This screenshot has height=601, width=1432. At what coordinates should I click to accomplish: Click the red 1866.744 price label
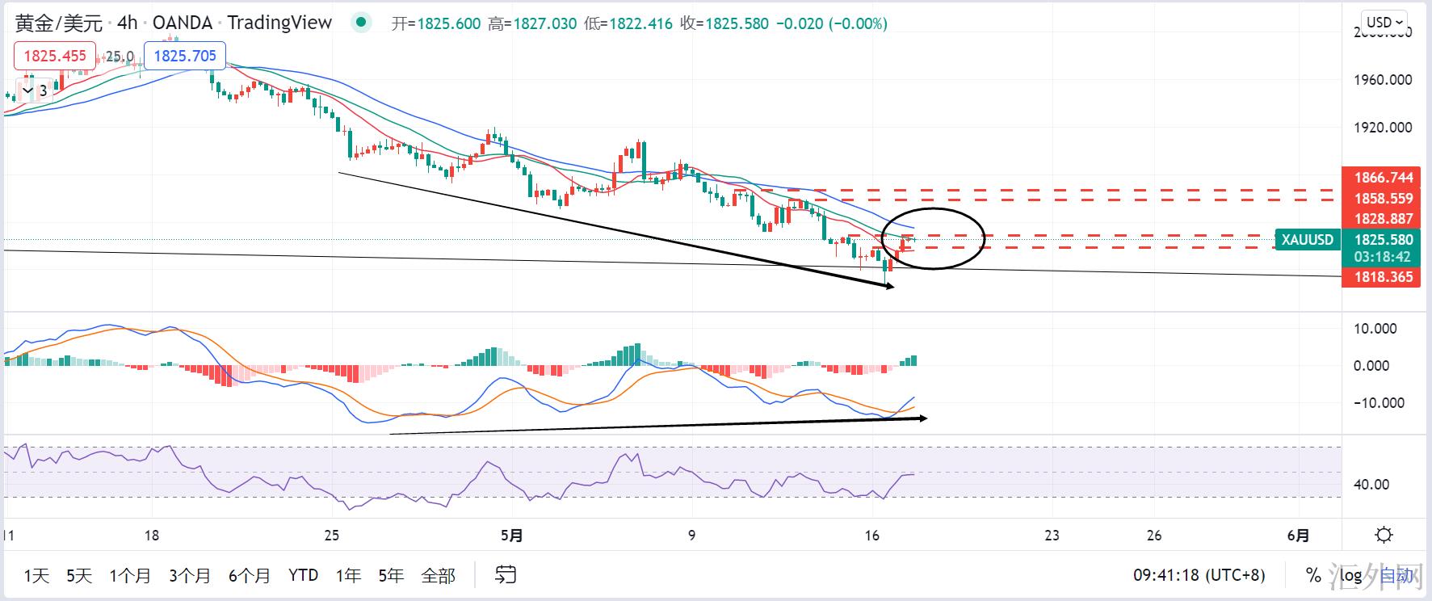coord(1383,178)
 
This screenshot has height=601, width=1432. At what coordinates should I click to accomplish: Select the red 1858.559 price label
coord(1383,198)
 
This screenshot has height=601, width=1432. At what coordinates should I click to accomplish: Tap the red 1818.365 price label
coord(1383,277)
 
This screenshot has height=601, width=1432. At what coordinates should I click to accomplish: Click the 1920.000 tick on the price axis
coord(1383,128)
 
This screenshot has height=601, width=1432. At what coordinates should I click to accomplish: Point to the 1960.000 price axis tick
coord(1383,80)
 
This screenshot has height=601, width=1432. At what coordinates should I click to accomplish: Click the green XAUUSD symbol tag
coord(1308,239)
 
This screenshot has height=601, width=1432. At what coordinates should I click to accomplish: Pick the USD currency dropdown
coord(1384,23)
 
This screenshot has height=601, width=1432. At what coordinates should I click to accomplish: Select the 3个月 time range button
coord(190,576)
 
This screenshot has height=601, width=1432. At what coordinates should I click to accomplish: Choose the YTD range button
coord(303,576)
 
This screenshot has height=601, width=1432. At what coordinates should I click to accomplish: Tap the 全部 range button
coord(439,576)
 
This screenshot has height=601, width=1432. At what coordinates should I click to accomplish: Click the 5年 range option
coord(391,576)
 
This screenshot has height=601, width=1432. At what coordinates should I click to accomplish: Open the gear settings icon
coord(1384,535)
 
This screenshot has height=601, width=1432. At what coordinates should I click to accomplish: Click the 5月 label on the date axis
coord(512,535)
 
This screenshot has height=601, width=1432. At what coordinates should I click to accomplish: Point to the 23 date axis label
coord(1052,535)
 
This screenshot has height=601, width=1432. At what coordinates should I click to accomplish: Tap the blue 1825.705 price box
coord(185,56)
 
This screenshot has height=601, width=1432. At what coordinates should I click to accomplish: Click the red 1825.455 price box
coord(55,56)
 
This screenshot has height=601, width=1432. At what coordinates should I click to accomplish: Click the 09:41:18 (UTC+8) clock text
coord(1199,576)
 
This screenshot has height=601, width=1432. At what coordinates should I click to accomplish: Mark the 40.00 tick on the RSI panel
coord(1371,485)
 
